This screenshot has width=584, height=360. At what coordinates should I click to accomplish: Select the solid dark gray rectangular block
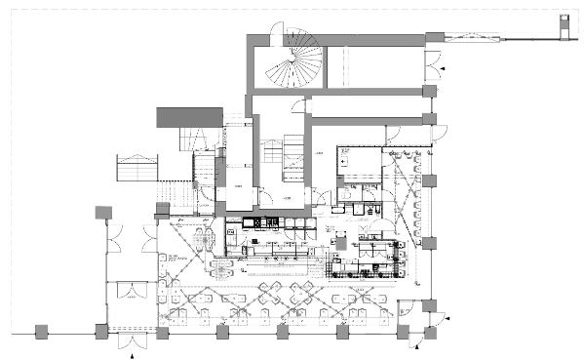(190, 117)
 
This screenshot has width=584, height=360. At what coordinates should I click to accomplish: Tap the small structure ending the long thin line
(564, 25)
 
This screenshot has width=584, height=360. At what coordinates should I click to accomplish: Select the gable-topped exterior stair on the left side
(136, 168)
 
